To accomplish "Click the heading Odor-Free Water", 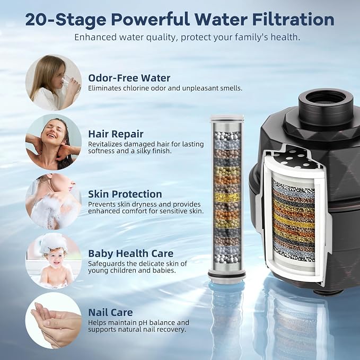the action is click(129, 78).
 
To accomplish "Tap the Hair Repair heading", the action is click(116, 134).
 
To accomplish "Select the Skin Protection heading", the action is click(125, 194).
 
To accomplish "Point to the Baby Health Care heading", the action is click(130, 253).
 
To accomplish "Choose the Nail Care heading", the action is click(110, 312).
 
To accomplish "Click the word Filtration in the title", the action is click(293, 20).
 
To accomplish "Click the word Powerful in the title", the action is click(151, 20).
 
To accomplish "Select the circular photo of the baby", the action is click(53, 260).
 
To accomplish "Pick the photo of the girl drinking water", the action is click(53, 83).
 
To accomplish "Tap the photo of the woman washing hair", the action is click(53, 142).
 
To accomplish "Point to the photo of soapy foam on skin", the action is click(53, 201).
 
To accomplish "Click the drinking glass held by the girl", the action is click(69, 84).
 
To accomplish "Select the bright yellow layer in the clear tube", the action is click(227, 197).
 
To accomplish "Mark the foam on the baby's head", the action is click(53, 243).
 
